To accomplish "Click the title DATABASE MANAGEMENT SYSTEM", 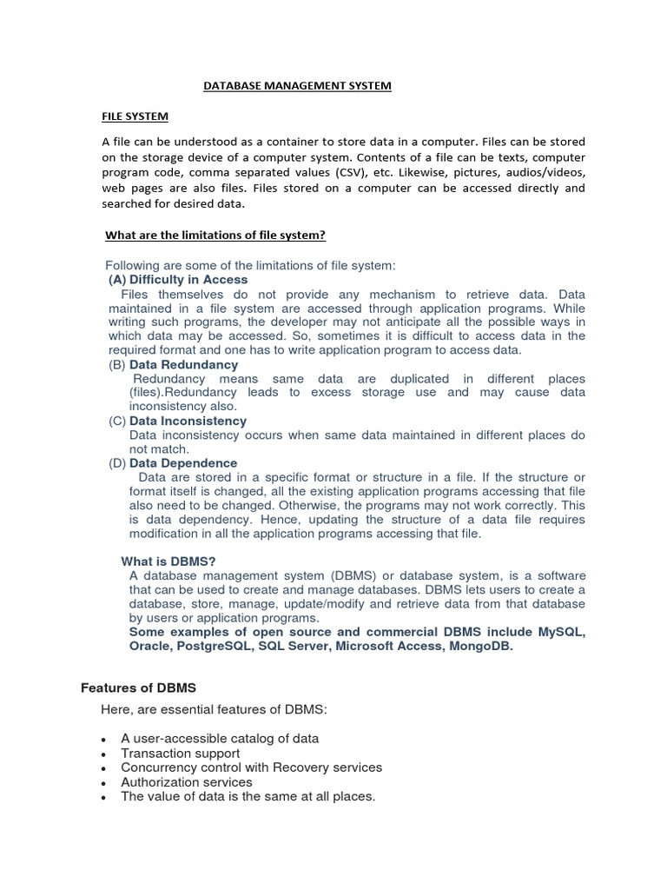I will click(x=297, y=86).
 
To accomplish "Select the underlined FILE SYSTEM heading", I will click(x=135, y=116).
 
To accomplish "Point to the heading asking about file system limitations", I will click(x=215, y=236).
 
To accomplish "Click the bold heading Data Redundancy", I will click(x=183, y=365).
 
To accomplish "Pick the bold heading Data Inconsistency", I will click(x=188, y=422).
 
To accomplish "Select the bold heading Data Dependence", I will click(x=183, y=463).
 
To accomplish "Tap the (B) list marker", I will click(x=117, y=365).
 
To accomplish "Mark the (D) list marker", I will click(x=117, y=463).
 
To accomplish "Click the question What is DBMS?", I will click(x=168, y=561).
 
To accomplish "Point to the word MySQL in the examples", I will click(x=561, y=632).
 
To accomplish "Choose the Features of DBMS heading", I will click(x=138, y=687).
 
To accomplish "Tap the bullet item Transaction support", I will click(x=181, y=754).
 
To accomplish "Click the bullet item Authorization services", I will click(x=187, y=782).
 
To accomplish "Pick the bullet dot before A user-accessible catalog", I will click(x=103, y=740).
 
